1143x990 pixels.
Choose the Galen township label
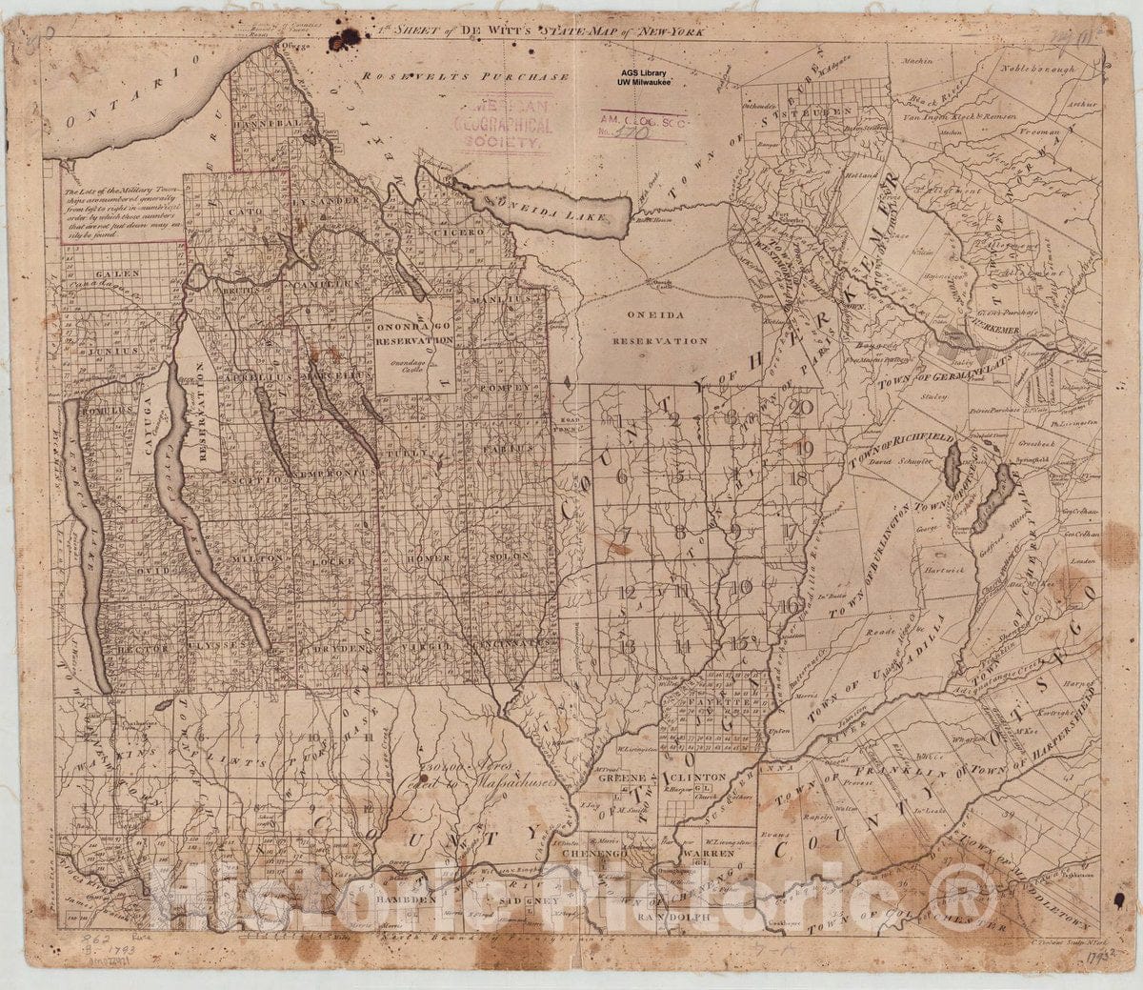tap(122, 273)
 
